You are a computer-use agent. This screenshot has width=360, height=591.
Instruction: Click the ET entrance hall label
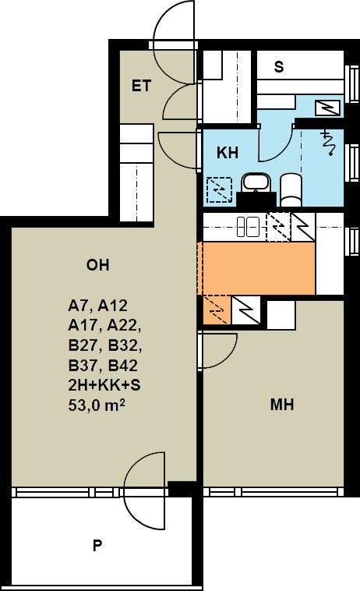coord(141,86)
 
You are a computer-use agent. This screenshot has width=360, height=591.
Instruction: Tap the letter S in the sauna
coord(279,67)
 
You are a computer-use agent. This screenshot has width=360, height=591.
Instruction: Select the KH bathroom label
coord(228,153)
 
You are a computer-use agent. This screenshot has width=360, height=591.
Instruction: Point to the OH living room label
coord(98,265)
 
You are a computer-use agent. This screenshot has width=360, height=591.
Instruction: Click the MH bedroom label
coord(282,405)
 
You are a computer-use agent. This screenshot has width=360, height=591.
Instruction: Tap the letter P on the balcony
coord(97,545)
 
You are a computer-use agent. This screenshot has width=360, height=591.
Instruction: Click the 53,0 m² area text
coord(97,405)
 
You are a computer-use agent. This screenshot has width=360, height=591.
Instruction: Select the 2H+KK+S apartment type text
coord(104,385)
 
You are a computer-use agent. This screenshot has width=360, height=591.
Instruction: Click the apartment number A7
coord(79,306)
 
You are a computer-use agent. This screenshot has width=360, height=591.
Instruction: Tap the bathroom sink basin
coord(256,182)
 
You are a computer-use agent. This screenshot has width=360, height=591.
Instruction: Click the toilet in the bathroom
coord(291,189)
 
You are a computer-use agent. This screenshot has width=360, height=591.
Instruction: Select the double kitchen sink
coord(248,227)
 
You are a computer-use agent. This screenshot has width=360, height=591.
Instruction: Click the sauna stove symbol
coord(327,108)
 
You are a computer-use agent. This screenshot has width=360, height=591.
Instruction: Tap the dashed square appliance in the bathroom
coord(219,189)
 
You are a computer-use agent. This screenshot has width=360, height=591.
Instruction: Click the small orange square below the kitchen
coord(216,310)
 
